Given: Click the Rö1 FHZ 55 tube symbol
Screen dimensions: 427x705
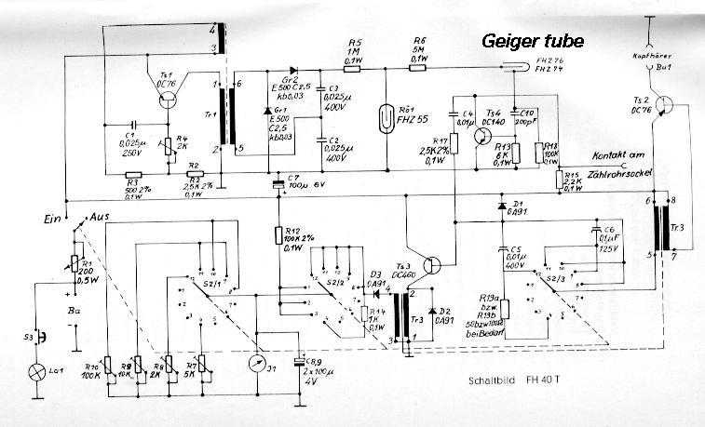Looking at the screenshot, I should click(x=386, y=120).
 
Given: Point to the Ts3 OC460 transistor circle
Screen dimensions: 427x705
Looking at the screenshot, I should click(x=430, y=264).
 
